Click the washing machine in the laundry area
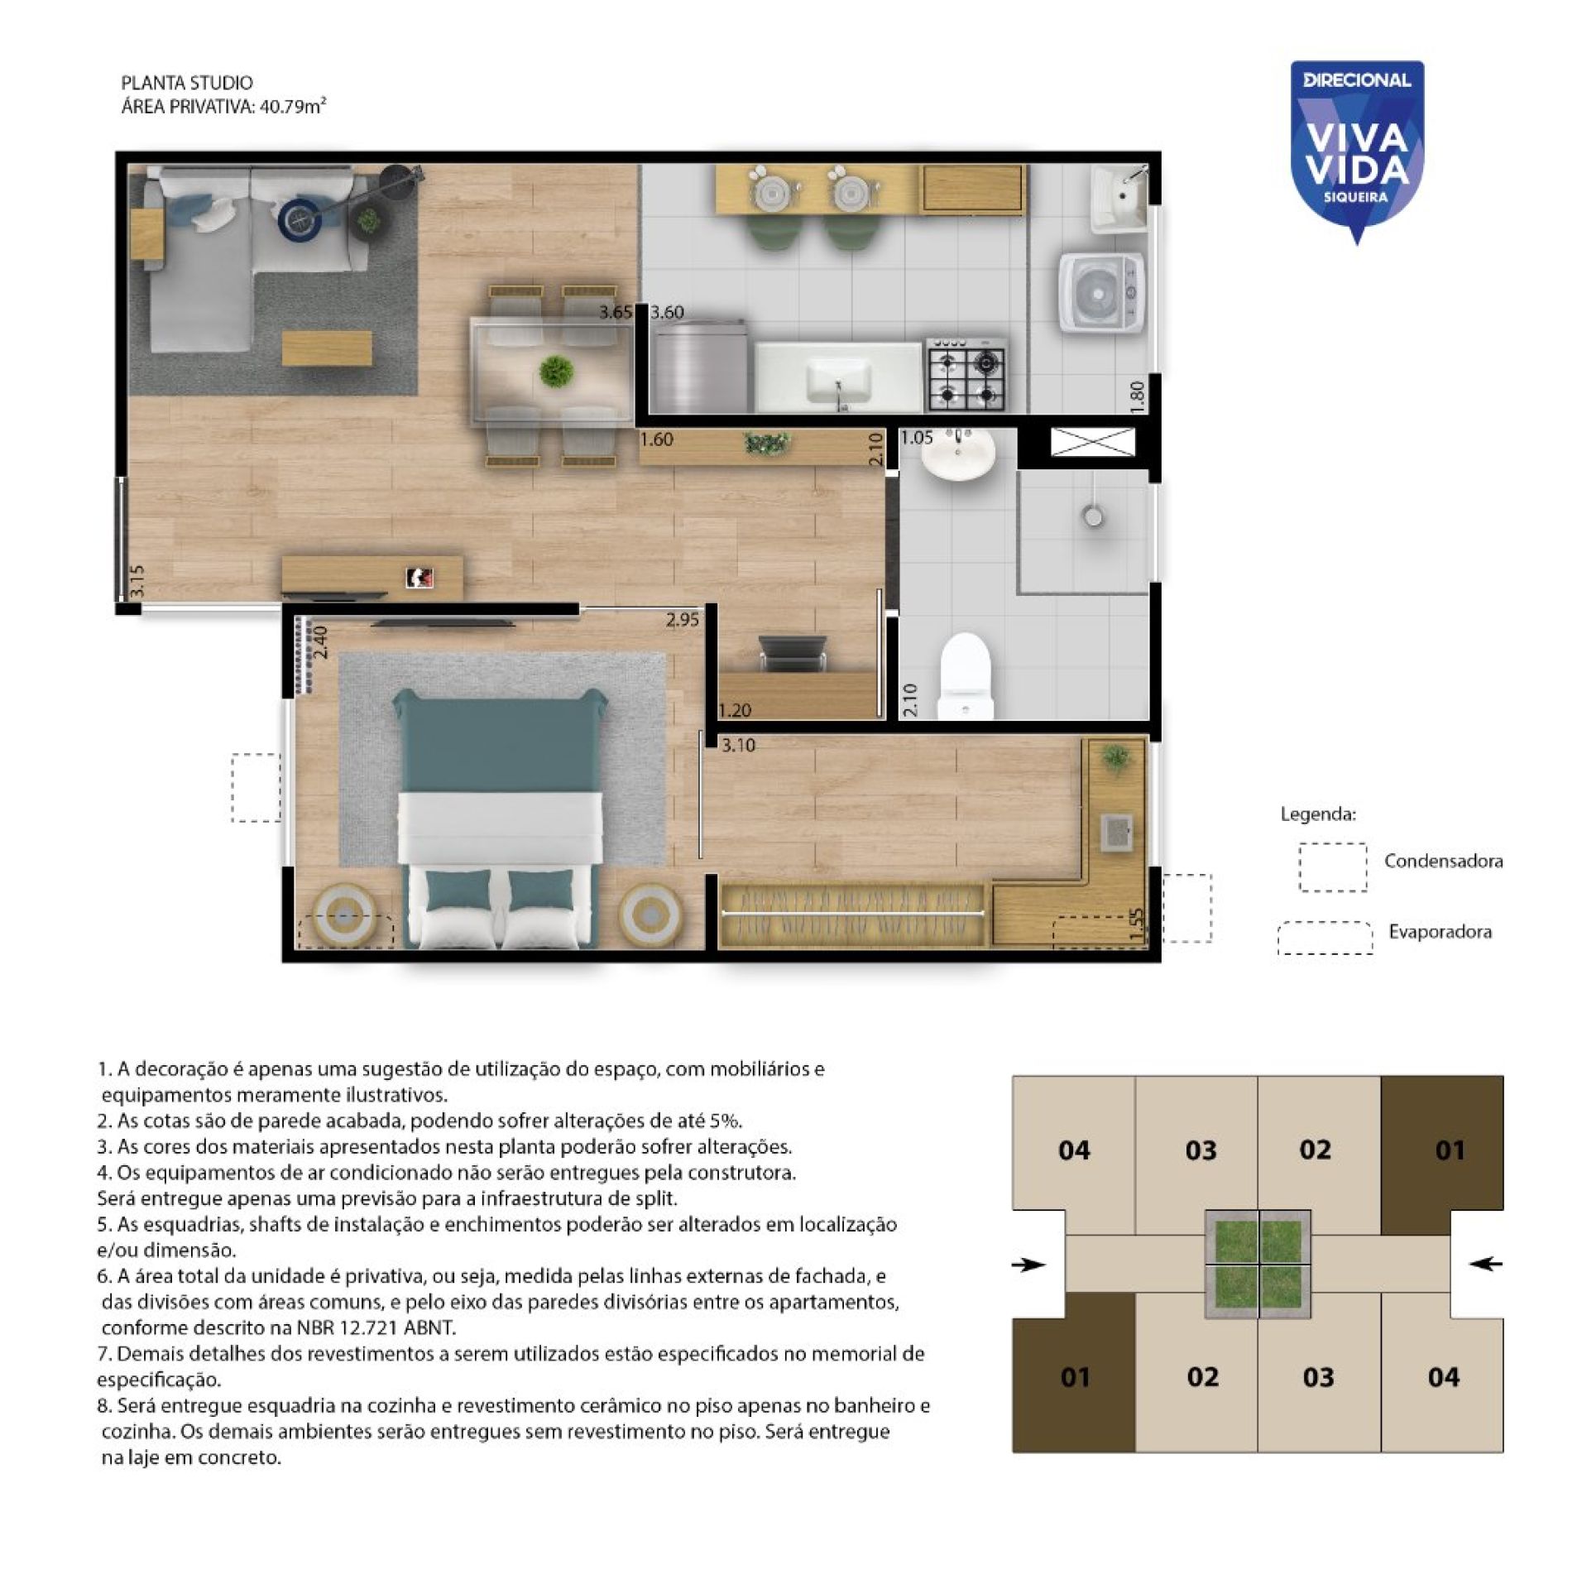1101,292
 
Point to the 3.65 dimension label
616,312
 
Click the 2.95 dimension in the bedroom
682,619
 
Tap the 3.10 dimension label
737,745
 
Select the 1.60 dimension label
656,439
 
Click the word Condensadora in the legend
1443,861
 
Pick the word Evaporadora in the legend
1440,931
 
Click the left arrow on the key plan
1029,1265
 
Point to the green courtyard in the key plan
1257,1265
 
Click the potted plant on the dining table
554,372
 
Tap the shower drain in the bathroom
1092,516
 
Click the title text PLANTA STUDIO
187,83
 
